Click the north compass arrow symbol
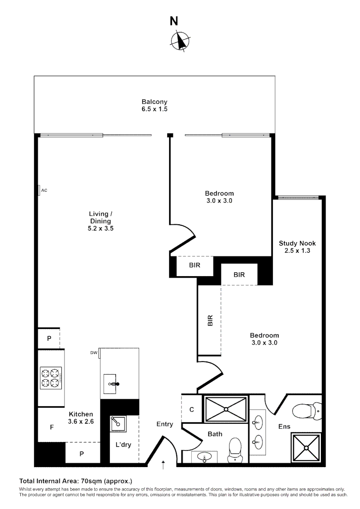(180, 40)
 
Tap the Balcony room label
(155, 102)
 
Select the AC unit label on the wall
(45, 190)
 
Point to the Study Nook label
(297, 243)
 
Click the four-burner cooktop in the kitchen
(51, 378)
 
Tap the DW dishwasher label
(93, 353)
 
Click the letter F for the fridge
(52, 427)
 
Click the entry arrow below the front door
(164, 465)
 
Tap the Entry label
(164, 424)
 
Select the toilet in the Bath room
(234, 450)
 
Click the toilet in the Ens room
(306, 411)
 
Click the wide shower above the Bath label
(225, 409)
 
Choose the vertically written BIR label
(210, 321)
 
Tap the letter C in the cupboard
(192, 410)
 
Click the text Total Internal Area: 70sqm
(75, 481)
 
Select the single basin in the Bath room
(204, 456)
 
